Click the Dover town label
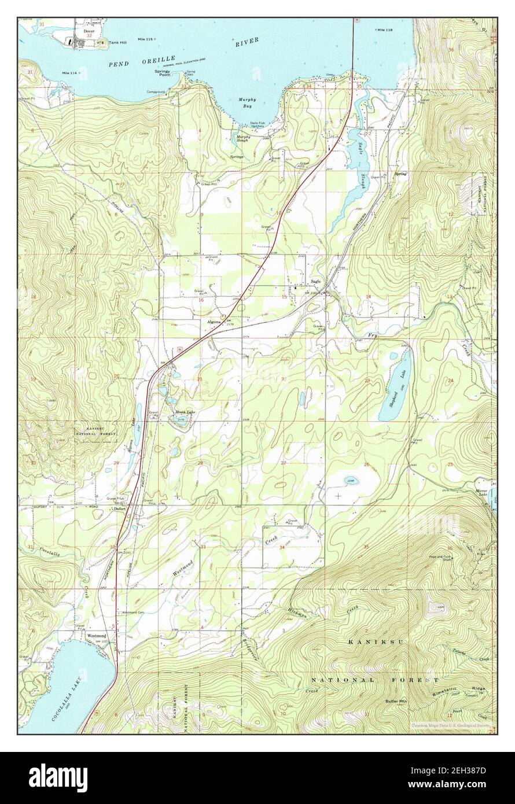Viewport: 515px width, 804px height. coord(88,31)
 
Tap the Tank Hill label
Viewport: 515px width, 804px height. coord(119,42)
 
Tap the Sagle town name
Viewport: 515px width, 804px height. coord(315,282)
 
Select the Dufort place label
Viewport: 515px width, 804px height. coord(120,509)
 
